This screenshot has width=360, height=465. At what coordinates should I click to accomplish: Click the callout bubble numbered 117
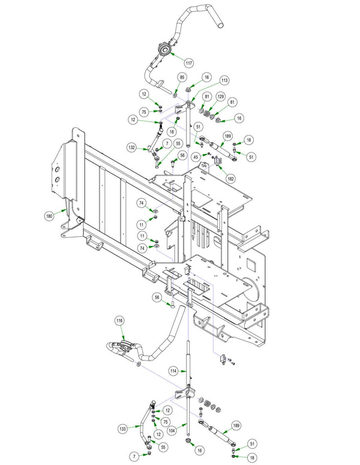tap(189, 63)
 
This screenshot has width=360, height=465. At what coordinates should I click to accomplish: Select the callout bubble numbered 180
tap(49, 216)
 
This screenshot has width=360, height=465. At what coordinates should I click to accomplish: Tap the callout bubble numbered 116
tap(119, 321)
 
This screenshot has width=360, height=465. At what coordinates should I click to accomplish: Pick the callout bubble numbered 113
tap(224, 80)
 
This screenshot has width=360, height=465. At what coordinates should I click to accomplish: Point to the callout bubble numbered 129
tap(221, 97)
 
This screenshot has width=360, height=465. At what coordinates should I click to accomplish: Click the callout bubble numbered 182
tap(231, 179)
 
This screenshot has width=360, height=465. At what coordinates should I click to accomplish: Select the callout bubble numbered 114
tap(173, 371)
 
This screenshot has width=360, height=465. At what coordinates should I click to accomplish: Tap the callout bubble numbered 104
tap(172, 430)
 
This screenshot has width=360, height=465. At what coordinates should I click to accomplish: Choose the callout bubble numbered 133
tap(123, 428)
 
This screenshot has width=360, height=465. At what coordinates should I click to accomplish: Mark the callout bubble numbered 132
tap(132, 148)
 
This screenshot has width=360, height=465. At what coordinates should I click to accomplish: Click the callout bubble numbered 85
tap(182, 77)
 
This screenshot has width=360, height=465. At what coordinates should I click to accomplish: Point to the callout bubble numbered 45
tap(196, 157)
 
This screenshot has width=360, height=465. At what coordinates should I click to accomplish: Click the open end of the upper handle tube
tap(220, 26)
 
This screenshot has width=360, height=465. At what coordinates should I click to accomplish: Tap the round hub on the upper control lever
tap(164, 50)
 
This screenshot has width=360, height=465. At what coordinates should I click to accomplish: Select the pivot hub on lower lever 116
tap(126, 345)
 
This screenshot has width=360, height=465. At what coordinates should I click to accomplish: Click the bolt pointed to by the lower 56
tap(172, 304)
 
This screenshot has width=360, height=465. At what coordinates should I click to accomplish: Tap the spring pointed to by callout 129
tap(207, 113)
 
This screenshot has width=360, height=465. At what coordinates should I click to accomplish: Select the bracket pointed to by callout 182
tap(218, 160)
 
